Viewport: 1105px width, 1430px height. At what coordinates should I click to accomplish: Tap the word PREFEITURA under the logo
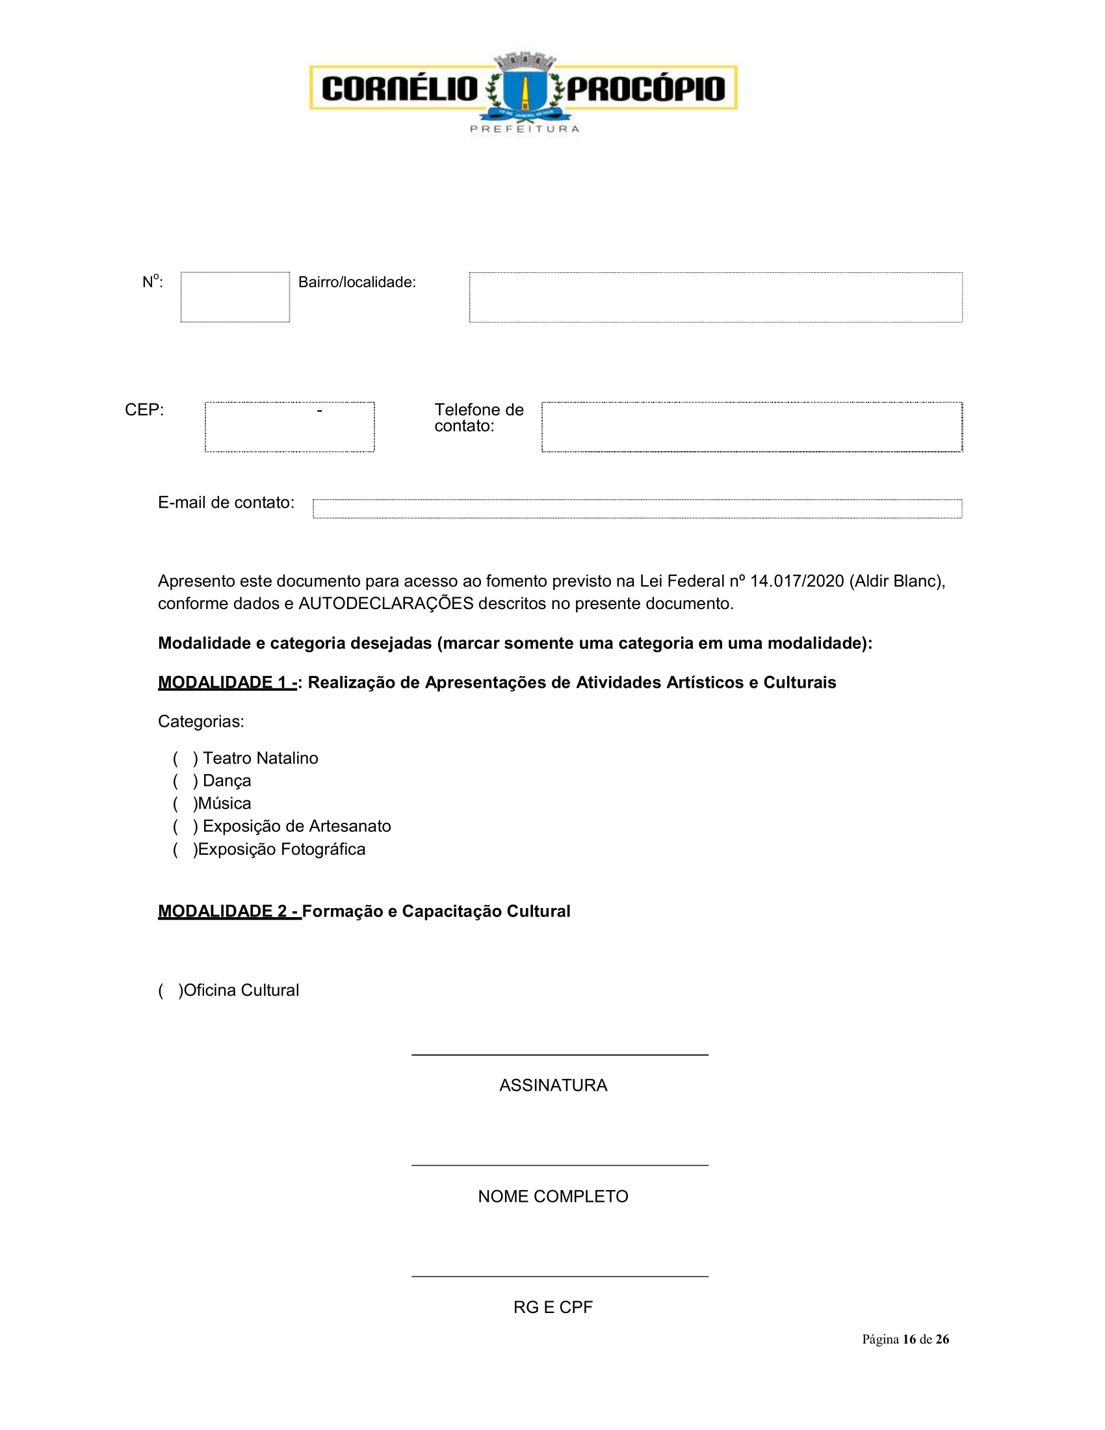pyautogui.click(x=525, y=129)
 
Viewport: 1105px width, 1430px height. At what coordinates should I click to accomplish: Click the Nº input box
pyautogui.click(x=235, y=297)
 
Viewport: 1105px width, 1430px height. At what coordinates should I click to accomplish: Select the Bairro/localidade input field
pyautogui.click(x=716, y=297)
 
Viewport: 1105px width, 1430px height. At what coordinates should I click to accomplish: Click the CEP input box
pyautogui.click(x=289, y=427)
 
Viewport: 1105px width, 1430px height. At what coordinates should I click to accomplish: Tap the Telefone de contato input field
pyautogui.click(x=751, y=427)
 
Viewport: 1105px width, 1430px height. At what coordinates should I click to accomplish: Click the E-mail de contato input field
pyautogui.click(x=637, y=509)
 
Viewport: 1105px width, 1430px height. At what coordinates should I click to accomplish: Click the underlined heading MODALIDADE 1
pyautogui.click(x=226, y=682)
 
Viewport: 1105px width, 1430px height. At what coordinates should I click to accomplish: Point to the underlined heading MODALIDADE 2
pyautogui.click(x=228, y=911)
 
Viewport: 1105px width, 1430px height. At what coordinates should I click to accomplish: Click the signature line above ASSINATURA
pyautogui.click(x=560, y=1054)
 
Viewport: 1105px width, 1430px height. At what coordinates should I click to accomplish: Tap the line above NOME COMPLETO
pyautogui.click(x=560, y=1165)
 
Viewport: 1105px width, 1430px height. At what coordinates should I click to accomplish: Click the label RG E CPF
pyautogui.click(x=553, y=1308)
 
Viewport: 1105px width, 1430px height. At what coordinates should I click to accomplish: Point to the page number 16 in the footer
pyautogui.click(x=909, y=1340)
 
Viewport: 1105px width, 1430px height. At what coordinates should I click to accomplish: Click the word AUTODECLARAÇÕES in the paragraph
pyautogui.click(x=385, y=604)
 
